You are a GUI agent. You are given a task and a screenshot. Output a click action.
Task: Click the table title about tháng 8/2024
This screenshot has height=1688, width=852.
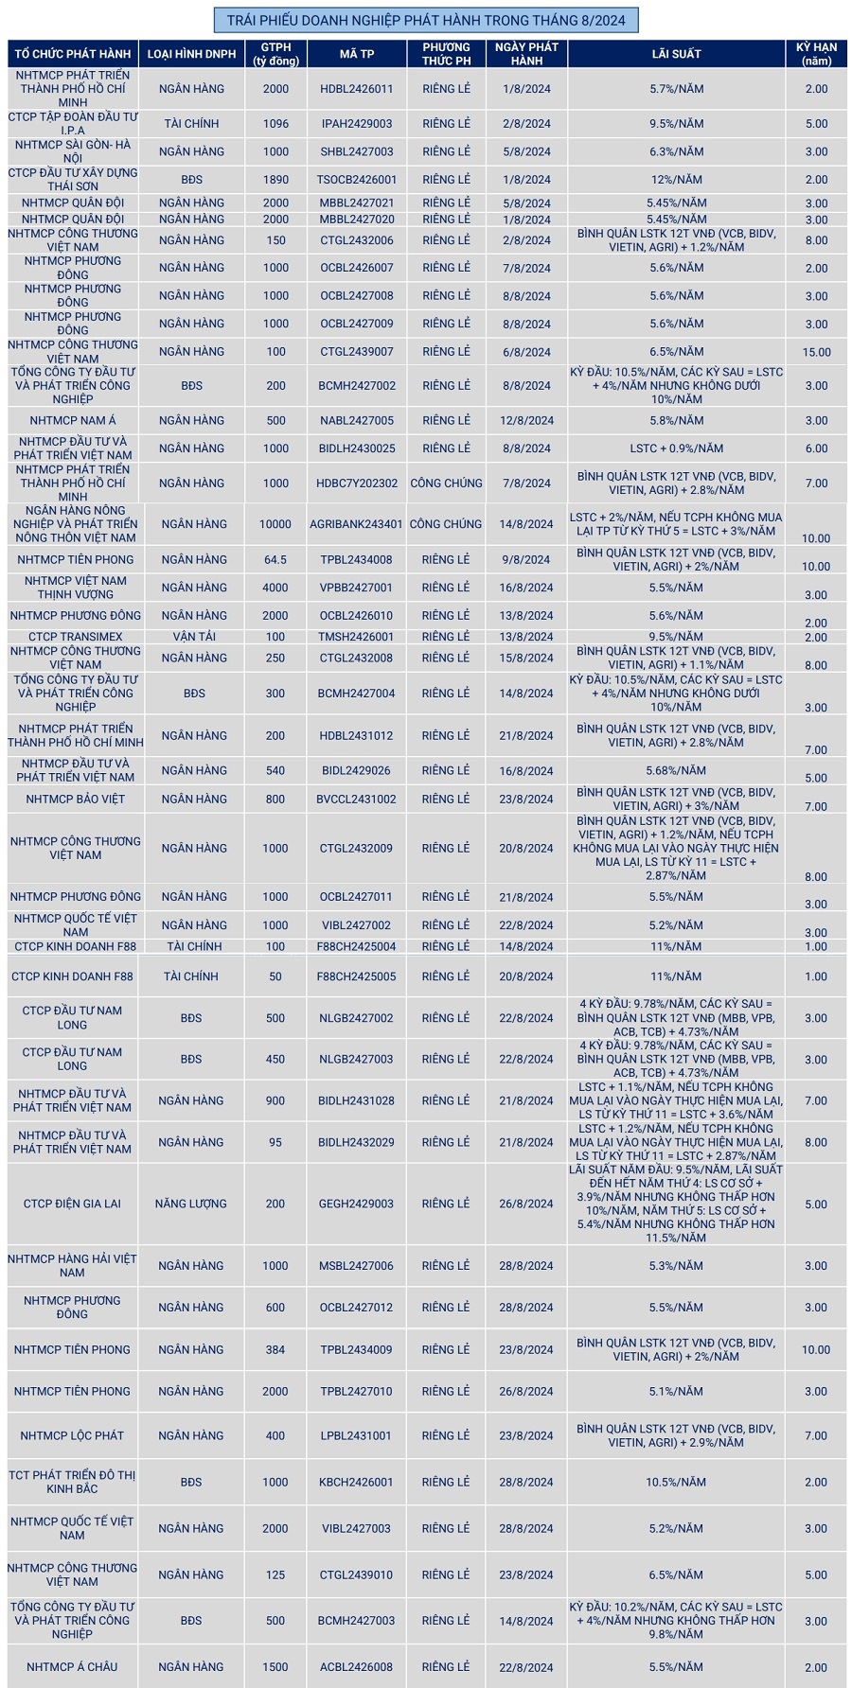pos(426,20)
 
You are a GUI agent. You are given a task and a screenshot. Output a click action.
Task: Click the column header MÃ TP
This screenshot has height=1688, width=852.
pos(356,54)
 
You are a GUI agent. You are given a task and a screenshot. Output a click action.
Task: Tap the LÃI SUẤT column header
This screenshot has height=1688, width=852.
pos(676,54)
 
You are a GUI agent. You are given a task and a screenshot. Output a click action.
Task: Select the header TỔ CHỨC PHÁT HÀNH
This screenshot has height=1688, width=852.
pos(73,54)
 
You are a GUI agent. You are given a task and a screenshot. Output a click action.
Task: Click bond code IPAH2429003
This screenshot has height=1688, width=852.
pos(356,124)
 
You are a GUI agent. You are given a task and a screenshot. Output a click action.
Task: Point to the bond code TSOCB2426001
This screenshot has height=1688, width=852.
pos(356,180)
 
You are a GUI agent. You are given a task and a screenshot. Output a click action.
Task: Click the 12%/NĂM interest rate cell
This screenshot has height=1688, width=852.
pos(676,180)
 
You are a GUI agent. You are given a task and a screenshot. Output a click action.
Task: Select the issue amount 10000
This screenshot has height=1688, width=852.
pos(275,524)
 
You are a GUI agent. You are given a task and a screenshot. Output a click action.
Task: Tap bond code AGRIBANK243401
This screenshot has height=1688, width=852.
pos(356,524)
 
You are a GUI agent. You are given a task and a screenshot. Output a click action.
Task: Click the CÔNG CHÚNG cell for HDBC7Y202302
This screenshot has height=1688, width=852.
pos(446,484)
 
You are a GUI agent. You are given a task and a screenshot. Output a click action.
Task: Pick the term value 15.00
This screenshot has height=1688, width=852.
pos(816,352)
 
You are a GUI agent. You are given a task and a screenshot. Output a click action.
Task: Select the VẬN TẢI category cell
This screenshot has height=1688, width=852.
pos(194,637)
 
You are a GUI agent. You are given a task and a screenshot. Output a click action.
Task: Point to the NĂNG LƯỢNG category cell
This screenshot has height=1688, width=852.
pos(191,1204)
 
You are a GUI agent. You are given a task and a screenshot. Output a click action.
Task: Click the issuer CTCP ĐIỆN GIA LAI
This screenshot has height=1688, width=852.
pos(72,1204)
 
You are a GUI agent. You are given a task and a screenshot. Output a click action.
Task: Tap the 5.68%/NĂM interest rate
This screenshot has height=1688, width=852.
pos(676,771)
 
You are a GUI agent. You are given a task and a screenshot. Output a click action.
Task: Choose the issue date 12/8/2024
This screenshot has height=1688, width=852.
pos(527,421)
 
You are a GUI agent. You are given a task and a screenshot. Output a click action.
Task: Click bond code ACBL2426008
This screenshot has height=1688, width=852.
pos(356,1667)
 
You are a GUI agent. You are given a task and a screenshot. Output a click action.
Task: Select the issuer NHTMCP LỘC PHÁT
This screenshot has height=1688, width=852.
pos(72,1435)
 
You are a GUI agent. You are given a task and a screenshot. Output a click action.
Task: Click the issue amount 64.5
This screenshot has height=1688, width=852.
pos(275,560)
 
